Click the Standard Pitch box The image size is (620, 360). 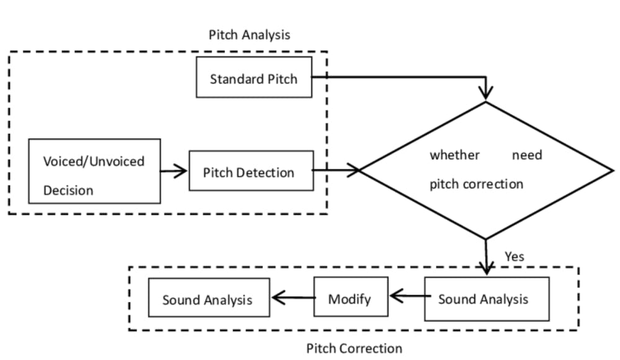(x=254, y=79)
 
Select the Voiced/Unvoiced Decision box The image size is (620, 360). (x=94, y=171)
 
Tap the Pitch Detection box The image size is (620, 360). (x=250, y=172)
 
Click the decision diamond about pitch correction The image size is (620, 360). (x=486, y=170)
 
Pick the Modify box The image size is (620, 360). (x=350, y=299)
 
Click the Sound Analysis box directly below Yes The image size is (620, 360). (x=486, y=299)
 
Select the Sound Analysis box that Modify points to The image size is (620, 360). (x=208, y=299)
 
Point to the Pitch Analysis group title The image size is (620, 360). (x=249, y=35)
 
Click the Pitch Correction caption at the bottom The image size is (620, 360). (x=354, y=348)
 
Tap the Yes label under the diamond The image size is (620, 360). (x=514, y=256)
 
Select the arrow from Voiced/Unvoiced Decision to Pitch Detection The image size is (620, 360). (x=174, y=171)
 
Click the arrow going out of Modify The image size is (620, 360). (x=292, y=299)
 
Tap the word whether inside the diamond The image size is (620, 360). (x=454, y=155)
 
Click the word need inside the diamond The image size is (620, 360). (x=526, y=155)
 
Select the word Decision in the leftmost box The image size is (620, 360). (x=68, y=190)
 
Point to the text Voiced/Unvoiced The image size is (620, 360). (x=94, y=161)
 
